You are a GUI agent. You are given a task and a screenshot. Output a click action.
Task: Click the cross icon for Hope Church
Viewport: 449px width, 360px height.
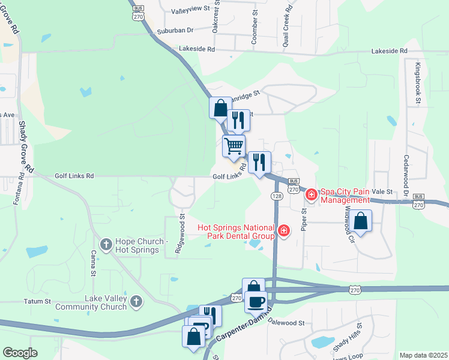click(106, 244)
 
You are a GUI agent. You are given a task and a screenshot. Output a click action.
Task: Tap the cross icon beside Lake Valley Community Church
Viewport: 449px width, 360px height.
click(136, 301)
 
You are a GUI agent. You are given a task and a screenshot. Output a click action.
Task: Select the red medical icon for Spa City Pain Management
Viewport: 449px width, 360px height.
click(312, 194)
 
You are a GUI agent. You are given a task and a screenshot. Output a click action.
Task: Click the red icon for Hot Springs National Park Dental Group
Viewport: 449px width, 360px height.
click(283, 230)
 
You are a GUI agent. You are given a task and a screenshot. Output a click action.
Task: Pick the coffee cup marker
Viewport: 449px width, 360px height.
click(256, 301)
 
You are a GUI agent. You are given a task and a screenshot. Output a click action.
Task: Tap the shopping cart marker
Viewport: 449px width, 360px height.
click(234, 145)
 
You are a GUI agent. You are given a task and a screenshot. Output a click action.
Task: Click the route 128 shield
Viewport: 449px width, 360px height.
click(276, 196)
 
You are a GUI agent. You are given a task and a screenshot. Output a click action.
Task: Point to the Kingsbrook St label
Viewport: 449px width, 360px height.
click(417, 81)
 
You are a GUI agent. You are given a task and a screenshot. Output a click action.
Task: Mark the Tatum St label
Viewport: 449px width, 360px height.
click(35, 301)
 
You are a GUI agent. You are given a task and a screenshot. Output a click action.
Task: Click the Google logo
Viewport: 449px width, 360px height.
click(20, 353)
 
